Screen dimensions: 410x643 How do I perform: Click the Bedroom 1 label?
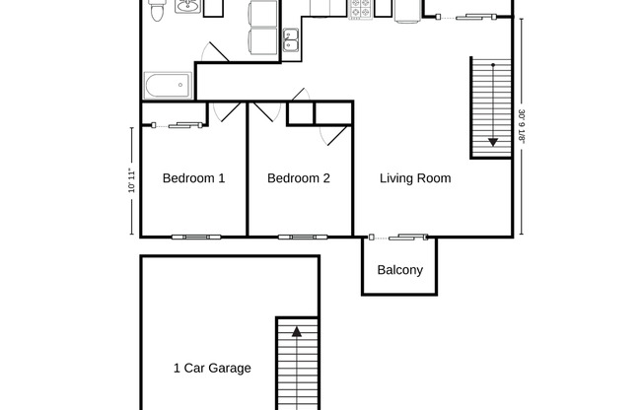193,178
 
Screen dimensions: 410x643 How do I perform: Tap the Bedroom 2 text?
298,178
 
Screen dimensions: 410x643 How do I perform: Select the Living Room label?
415,178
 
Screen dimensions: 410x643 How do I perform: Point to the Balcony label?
400,270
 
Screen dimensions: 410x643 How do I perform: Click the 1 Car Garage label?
212,369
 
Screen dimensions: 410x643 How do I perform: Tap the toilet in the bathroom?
156,12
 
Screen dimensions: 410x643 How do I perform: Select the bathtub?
167,86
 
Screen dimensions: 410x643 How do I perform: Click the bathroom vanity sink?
186,9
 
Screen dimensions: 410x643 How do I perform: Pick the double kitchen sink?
291,39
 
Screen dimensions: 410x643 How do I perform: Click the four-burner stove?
360,9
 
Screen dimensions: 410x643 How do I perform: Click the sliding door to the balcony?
400,237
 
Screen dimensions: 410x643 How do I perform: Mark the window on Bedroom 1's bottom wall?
193,237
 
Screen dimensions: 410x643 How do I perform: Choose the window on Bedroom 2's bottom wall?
299,237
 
